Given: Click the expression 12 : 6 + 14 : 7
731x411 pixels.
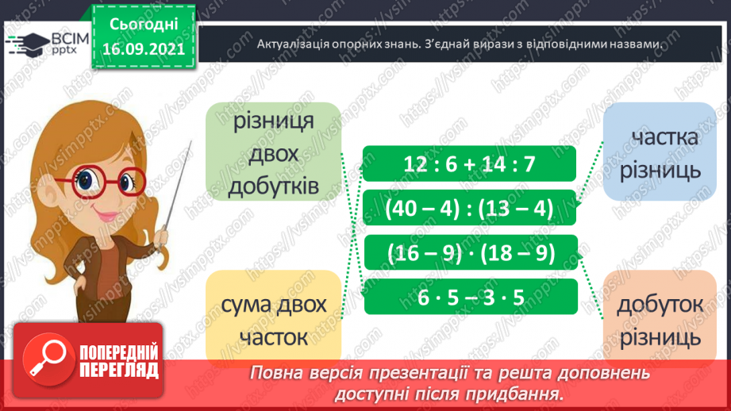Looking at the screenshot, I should coord(470,165).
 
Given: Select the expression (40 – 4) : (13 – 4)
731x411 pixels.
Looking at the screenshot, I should coord(470,209).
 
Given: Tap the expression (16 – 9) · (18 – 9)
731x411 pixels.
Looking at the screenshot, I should coord(470,253).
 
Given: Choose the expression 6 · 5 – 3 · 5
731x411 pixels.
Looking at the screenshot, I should coord(470,297).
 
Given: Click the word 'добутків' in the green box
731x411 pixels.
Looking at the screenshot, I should coord(274,186).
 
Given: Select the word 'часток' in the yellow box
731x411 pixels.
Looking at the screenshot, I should coord(274,336).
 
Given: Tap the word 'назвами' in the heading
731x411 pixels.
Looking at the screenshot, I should coord(633,44).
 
